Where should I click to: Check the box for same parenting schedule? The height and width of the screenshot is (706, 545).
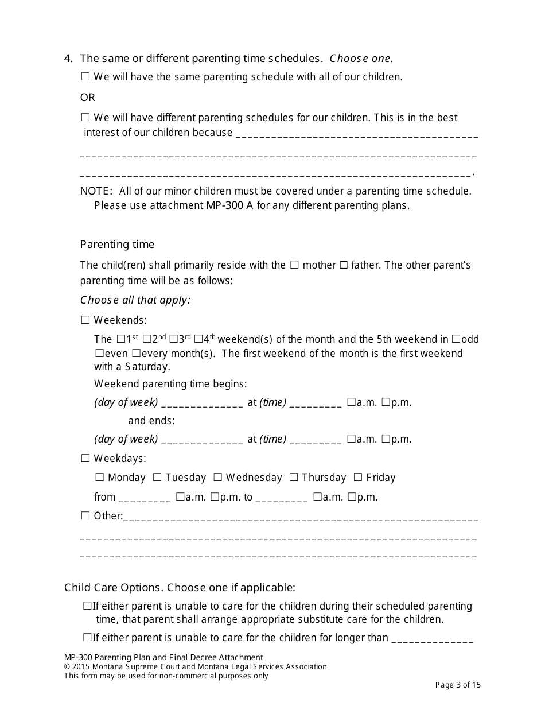85,76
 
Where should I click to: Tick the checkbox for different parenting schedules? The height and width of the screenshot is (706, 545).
85,118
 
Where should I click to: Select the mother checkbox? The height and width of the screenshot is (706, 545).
294,265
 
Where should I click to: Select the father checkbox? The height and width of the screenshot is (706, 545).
344,265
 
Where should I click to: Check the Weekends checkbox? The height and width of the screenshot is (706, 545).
85,320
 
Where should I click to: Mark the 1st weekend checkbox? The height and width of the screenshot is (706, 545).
120,339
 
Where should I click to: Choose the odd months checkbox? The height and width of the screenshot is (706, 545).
456,339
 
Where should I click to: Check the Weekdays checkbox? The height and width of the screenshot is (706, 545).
85,458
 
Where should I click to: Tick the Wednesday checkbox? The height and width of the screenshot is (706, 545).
218,477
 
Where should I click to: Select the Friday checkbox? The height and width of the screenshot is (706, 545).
358,477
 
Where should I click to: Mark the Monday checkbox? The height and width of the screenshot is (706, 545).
99,477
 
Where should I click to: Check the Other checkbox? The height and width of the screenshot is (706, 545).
85,515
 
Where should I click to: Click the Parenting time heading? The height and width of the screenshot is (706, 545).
117,245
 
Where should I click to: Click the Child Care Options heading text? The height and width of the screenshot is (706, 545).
180,587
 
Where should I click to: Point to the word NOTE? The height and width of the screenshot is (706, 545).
96,191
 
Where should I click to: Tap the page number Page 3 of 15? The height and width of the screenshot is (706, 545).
458,685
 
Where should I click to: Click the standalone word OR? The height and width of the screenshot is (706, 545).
87,97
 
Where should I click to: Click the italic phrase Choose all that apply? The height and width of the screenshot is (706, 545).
135,300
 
